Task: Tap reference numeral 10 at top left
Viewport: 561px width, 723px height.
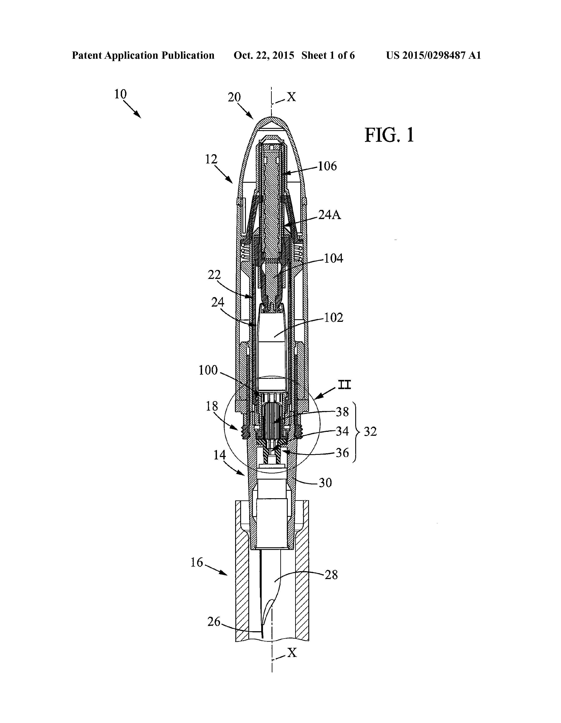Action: pos(121,94)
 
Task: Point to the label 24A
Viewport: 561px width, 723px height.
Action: pos(330,216)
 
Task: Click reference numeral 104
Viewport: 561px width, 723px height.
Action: pos(334,259)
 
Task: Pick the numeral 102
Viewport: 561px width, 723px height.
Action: pos(334,318)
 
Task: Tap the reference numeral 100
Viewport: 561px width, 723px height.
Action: pos(208,370)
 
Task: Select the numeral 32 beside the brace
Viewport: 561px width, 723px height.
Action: pos(370,432)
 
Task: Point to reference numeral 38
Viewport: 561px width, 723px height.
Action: pos(343,412)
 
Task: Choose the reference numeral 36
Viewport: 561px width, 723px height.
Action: pos(343,453)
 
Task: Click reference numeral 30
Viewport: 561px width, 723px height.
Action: pos(325,483)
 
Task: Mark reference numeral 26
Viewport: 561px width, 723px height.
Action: pos(214,622)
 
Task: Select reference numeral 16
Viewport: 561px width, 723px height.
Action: pos(197,562)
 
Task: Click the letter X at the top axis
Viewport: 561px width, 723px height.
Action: pos(291,97)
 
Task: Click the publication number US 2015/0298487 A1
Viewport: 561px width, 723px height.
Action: pos(433,55)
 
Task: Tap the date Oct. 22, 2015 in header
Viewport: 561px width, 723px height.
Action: pos(264,55)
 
